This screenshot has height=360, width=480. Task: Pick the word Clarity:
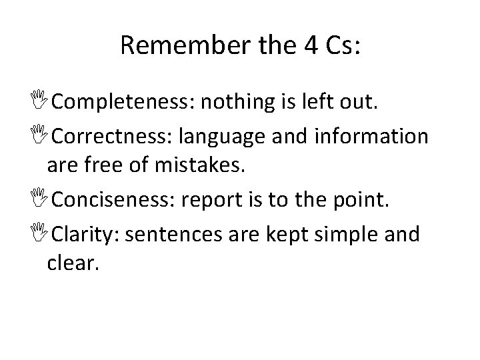pos(85,234)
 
